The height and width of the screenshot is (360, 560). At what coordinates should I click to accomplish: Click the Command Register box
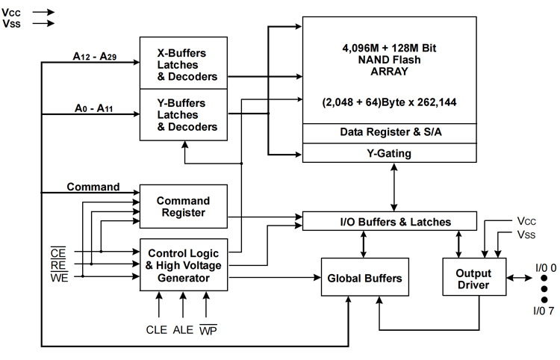point(183,206)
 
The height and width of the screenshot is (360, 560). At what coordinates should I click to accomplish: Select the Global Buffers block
point(364,277)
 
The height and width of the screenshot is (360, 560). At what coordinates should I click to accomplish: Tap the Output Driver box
point(474,277)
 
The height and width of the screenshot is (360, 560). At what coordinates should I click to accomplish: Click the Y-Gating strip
point(389,153)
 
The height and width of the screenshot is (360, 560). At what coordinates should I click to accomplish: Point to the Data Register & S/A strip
point(389,133)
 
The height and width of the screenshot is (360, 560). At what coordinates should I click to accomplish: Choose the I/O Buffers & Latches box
point(389,221)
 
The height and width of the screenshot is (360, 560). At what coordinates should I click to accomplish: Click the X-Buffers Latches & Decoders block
point(183,63)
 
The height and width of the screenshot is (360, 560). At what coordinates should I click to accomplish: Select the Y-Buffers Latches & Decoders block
point(183,114)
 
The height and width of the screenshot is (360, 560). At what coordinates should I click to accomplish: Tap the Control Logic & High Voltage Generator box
point(183,265)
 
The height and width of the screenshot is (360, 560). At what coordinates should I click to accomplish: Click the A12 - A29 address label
point(95,57)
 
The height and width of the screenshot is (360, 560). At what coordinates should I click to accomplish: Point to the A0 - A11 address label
point(93,108)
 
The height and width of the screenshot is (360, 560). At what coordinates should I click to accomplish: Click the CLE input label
point(157,329)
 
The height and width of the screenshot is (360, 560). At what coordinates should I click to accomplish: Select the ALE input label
point(183,329)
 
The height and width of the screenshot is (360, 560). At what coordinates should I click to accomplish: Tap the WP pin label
point(208,330)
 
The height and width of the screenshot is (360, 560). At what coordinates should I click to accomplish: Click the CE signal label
point(58,253)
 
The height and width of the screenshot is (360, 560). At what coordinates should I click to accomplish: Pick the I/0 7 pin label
point(544,311)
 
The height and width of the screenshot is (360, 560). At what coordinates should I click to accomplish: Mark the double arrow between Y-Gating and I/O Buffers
point(394,187)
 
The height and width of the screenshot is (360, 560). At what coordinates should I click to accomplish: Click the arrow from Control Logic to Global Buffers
point(275,277)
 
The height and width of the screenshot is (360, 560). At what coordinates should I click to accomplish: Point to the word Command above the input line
point(93,187)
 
